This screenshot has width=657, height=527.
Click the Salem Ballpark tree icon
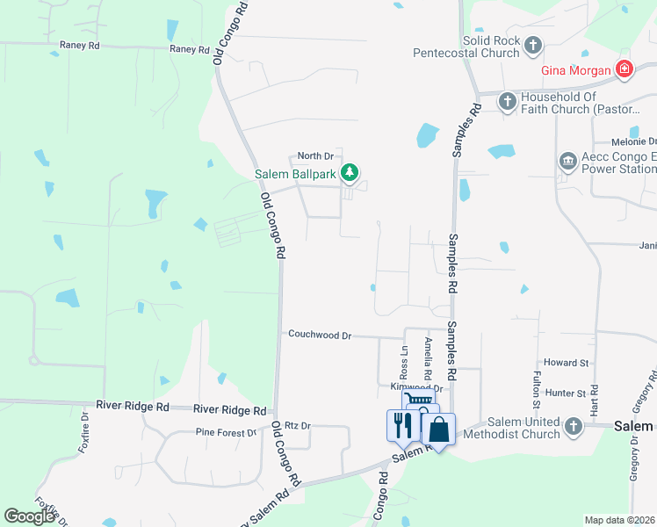[350, 173]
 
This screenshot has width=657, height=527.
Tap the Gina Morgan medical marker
[624, 69]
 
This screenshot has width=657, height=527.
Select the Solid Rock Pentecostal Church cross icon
[532, 43]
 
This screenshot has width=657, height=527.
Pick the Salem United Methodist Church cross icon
[573, 428]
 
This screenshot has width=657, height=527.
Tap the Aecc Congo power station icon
[567, 162]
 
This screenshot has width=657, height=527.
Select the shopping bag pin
[439, 430]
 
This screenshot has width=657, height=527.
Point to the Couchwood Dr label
[320, 335]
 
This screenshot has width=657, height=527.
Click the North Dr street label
[316, 155]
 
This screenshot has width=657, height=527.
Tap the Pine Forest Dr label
[226, 432]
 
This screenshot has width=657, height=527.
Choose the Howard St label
[566, 362]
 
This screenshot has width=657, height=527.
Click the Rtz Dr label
[298, 425]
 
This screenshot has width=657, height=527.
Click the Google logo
[30, 516]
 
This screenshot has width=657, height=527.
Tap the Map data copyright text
[619, 520]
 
